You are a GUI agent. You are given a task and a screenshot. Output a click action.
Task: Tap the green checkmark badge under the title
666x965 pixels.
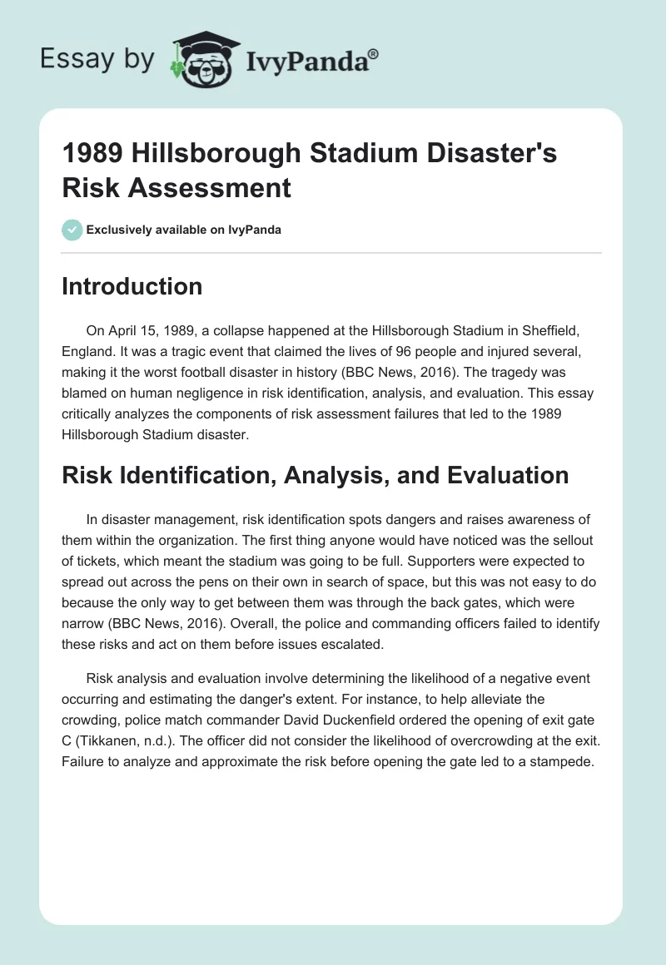tap(72, 230)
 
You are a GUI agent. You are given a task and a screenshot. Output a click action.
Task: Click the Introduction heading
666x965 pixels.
tap(132, 286)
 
